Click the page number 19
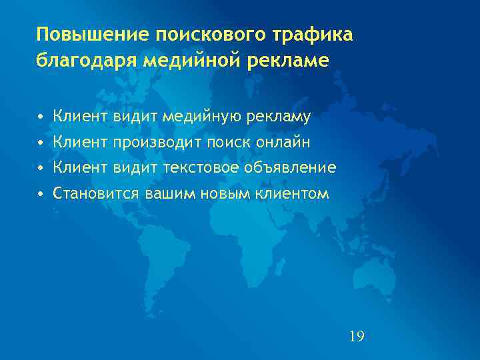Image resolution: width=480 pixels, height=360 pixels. [x=357, y=335]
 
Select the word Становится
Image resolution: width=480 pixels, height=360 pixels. [x=96, y=194]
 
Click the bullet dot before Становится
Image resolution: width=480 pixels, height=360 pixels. [x=41, y=194]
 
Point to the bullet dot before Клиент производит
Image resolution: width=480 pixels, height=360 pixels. [x=41, y=143]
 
